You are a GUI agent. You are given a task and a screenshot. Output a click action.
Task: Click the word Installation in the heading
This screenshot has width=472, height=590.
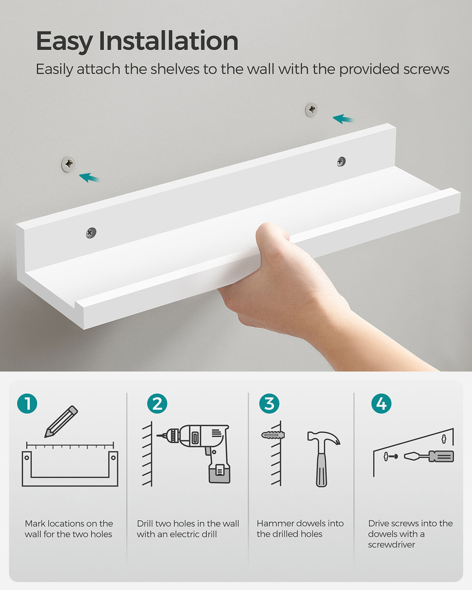[168, 41]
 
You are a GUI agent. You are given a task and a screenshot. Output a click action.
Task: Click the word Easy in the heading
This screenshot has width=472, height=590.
[64, 42]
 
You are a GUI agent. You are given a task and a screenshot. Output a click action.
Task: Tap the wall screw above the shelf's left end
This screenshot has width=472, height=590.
[68, 164]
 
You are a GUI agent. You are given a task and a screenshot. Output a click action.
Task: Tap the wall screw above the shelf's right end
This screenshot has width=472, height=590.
[311, 110]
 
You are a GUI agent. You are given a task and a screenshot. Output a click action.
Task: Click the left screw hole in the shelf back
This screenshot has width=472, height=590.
[91, 233]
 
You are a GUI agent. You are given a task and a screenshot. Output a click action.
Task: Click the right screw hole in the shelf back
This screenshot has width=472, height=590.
[341, 162]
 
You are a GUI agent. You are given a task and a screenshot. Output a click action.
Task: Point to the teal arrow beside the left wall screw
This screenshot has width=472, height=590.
[89, 177]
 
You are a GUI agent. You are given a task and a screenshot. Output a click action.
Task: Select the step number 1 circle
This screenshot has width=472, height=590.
[27, 403]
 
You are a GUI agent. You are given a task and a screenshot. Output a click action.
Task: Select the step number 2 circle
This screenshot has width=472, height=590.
[157, 403]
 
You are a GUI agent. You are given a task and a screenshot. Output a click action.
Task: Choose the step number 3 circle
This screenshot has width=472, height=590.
[269, 403]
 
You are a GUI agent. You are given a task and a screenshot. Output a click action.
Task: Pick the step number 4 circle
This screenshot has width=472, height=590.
[381, 403]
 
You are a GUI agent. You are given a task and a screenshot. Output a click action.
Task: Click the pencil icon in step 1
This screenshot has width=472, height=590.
[61, 421]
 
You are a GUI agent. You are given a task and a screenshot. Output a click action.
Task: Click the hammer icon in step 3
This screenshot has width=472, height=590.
[323, 457]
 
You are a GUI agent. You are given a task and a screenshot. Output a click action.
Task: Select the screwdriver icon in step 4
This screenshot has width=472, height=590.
[429, 456]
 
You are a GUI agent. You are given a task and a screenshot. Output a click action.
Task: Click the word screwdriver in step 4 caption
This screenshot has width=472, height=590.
[391, 545]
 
